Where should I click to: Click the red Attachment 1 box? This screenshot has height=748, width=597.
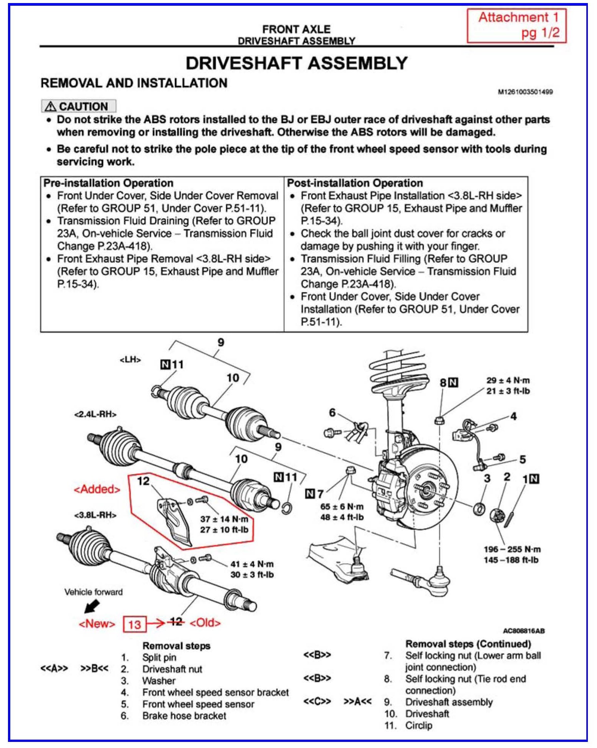[x=517, y=25]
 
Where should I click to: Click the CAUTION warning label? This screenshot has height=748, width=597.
[x=78, y=106]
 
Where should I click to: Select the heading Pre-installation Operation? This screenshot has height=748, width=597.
[x=109, y=183]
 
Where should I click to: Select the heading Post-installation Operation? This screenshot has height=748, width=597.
[x=355, y=183]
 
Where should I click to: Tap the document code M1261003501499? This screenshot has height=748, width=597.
[x=525, y=92]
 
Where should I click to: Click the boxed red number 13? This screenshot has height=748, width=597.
[x=134, y=624]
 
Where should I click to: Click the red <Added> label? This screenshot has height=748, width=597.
[x=97, y=489]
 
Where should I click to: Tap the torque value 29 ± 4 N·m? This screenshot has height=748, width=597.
[x=508, y=380]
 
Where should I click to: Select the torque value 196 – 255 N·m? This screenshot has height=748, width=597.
[x=512, y=549]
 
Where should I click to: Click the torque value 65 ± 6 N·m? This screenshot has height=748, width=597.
[x=342, y=506]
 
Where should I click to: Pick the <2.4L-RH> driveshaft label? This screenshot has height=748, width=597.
[x=95, y=414]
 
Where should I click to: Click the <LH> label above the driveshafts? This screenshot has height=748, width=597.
[x=130, y=360]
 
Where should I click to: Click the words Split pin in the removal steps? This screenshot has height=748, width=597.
[x=159, y=657]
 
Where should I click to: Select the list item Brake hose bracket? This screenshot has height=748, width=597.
[x=184, y=716]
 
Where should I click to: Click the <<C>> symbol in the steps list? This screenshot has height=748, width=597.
[x=317, y=702]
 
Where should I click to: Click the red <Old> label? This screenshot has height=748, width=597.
[x=205, y=623]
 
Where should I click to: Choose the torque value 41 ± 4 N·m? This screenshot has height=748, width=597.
[x=252, y=564]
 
